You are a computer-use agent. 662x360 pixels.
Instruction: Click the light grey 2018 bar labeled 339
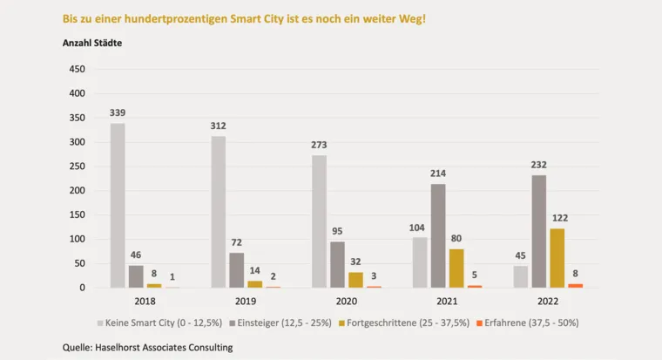tap(118, 206)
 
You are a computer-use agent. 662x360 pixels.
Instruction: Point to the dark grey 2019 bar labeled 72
tap(236, 270)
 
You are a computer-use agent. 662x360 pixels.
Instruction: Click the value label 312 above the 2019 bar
tap(219, 126)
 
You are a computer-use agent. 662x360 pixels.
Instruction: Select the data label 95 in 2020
tap(337, 231)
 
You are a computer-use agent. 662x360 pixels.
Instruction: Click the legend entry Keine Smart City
tap(164, 323)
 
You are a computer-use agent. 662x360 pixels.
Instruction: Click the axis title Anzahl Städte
tap(92, 43)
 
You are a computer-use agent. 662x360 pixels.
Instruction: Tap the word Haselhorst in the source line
tap(129, 348)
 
